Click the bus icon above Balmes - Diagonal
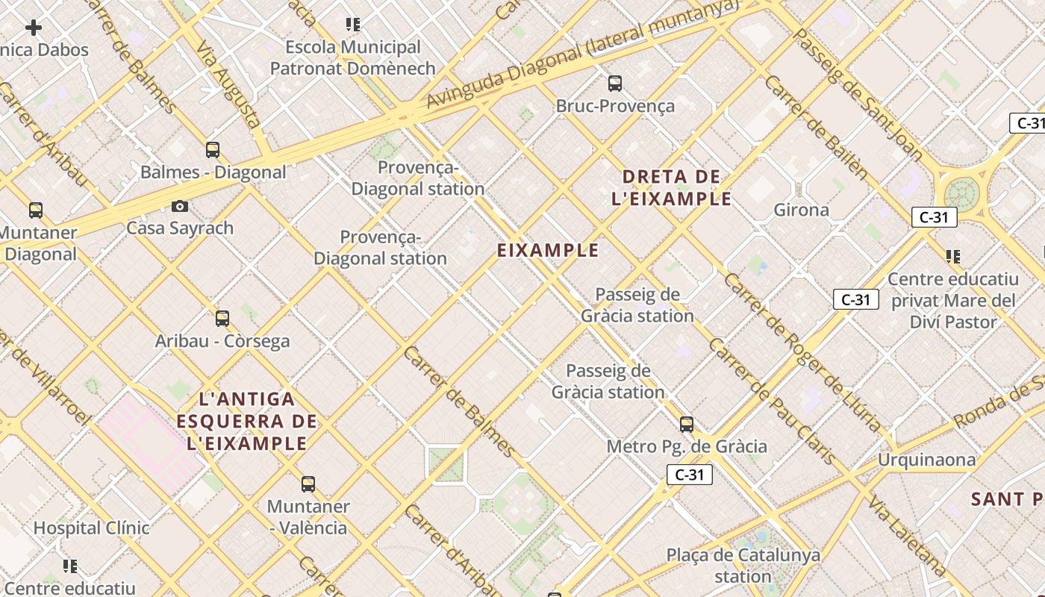click(x=213, y=150)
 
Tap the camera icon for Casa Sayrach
click(x=180, y=206)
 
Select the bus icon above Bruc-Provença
click(x=615, y=84)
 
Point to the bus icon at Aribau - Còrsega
click(x=222, y=319)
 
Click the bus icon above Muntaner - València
click(x=308, y=484)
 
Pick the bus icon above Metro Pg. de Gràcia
click(x=687, y=425)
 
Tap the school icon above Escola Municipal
click(x=353, y=25)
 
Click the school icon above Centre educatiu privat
click(x=952, y=257)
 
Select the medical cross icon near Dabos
click(x=34, y=28)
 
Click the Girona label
click(x=801, y=210)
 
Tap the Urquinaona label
click(x=926, y=459)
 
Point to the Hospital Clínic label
click(x=91, y=528)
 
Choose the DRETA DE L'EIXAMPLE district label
click(x=671, y=188)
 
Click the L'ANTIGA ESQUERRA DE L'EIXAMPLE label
click(x=247, y=421)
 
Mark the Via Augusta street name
click(x=228, y=84)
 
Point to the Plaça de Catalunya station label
click(x=743, y=566)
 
